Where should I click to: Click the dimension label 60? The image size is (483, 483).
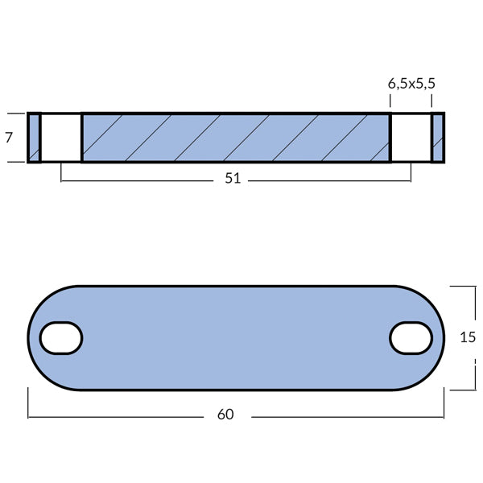(x=225, y=415)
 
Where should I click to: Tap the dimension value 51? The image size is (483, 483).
(x=233, y=179)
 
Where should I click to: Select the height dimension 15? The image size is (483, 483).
(x=468, y=338)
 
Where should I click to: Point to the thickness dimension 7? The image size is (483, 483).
(x=9, y=138)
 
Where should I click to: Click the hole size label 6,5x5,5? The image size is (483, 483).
(x=411, y=83)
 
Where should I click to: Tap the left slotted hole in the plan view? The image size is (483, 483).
(x=61, y=338)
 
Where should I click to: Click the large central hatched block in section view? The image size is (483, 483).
(x=236, y=138)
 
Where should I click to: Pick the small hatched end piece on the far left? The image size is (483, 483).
(x=34, y=138)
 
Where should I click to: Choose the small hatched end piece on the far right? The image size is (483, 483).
(x=438, y=138)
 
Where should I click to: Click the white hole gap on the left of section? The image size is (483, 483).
(x=61, y=138)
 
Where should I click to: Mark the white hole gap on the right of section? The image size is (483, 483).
(x=411, y=138)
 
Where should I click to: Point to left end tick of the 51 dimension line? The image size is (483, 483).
(x=61, y=171)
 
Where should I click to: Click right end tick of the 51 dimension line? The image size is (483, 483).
(x=411, y=171)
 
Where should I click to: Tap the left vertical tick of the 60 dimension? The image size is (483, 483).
(x=28, y=402)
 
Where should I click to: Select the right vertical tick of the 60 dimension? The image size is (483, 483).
(x=444, y=402)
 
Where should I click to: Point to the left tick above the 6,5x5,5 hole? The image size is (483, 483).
(x=390, y=101)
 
